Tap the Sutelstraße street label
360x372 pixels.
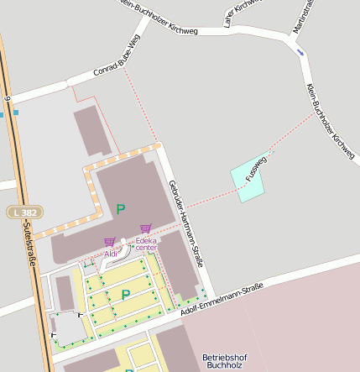coord(29,244)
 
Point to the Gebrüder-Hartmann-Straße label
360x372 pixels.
coord(185,223)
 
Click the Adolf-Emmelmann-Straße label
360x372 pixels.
coord(222,300)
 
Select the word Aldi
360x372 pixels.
coord(111,253)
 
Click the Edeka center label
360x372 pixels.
coord(146,244)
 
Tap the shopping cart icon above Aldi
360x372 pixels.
coord(110,242)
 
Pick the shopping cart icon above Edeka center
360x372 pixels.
coord(146,228)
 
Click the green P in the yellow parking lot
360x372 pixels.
coord(126,295)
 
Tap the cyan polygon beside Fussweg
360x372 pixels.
coord(248,179)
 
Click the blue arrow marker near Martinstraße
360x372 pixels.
coord(300,53)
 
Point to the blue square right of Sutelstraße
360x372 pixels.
coord(15,113)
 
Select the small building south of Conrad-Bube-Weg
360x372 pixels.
coord(92,130)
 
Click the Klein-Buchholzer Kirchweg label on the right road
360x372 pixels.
coord(331,122)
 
